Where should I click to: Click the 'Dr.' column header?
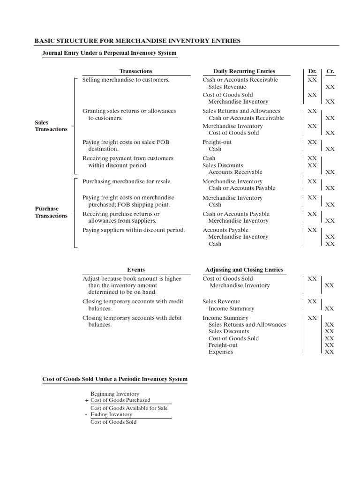point(312,71)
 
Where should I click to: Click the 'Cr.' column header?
point(330,71)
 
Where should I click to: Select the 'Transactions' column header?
point(136,71)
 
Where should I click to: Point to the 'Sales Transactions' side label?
point(51,126)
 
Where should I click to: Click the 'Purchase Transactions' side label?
point(51,212)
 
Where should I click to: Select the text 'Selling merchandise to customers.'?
point(126,80)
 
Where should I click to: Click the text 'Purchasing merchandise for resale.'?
point(127,181)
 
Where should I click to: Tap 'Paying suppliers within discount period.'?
point(134,230)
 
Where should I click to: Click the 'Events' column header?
point(136,270)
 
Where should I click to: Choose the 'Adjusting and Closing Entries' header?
point(244,270)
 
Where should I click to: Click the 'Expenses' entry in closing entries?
point(220,352)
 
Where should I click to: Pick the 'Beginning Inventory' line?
point(115,394)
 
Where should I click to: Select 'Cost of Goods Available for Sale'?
point(129,408)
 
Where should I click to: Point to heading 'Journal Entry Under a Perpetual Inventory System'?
point(110,53)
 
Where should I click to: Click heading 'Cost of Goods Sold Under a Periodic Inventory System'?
point(115,379)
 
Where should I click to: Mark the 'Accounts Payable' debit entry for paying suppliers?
point(225,230)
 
